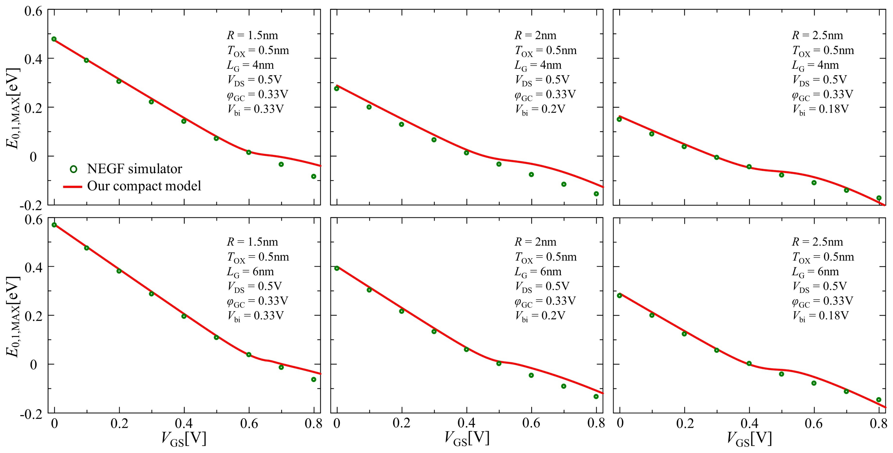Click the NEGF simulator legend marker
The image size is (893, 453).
coord(73,169)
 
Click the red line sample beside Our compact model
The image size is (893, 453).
coord(73,187)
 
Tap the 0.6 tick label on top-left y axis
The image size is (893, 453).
coord(33,11)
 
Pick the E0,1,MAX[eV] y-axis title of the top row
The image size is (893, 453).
coord(13,108)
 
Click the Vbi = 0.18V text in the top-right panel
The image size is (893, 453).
coord(820,110)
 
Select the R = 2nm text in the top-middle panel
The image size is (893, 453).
coord(535,35)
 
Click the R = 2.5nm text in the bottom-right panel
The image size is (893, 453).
coord(817,242)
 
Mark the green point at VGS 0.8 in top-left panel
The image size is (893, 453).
coord(313,177)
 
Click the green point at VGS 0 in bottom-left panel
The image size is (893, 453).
coord(54,225)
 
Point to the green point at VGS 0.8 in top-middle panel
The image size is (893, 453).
coord(596,194)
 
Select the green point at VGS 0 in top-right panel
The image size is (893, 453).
coord(619,119)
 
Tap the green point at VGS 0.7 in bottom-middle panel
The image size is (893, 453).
coord(564,386)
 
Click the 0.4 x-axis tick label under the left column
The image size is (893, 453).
coord(184,424)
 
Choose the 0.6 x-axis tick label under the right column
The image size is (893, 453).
coord(814,424)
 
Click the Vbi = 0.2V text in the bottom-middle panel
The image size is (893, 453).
coord(540,316)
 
